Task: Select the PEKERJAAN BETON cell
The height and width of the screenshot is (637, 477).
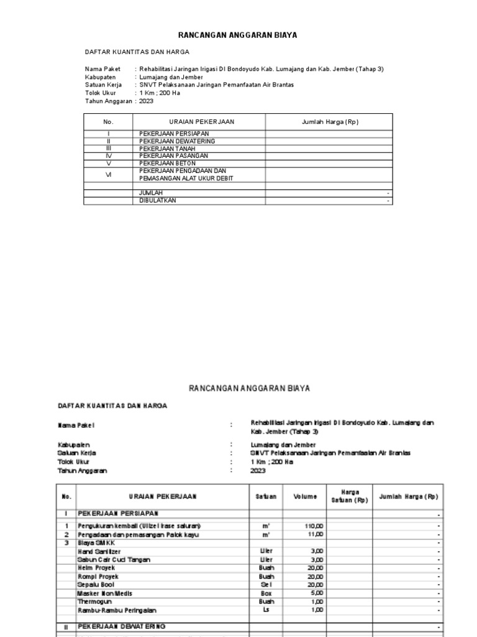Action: coord(161,163)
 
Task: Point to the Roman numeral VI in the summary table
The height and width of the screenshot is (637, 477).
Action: coord(108,175)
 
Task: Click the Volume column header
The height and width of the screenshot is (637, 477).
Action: coord(305,496)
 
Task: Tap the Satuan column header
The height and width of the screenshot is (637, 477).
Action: coord(265,496)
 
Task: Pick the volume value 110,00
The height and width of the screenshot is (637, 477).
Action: coord(314,526)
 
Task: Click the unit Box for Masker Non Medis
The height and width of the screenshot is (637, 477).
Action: coord(265,593)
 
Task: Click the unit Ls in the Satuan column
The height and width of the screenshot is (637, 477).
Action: coord(265,610)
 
